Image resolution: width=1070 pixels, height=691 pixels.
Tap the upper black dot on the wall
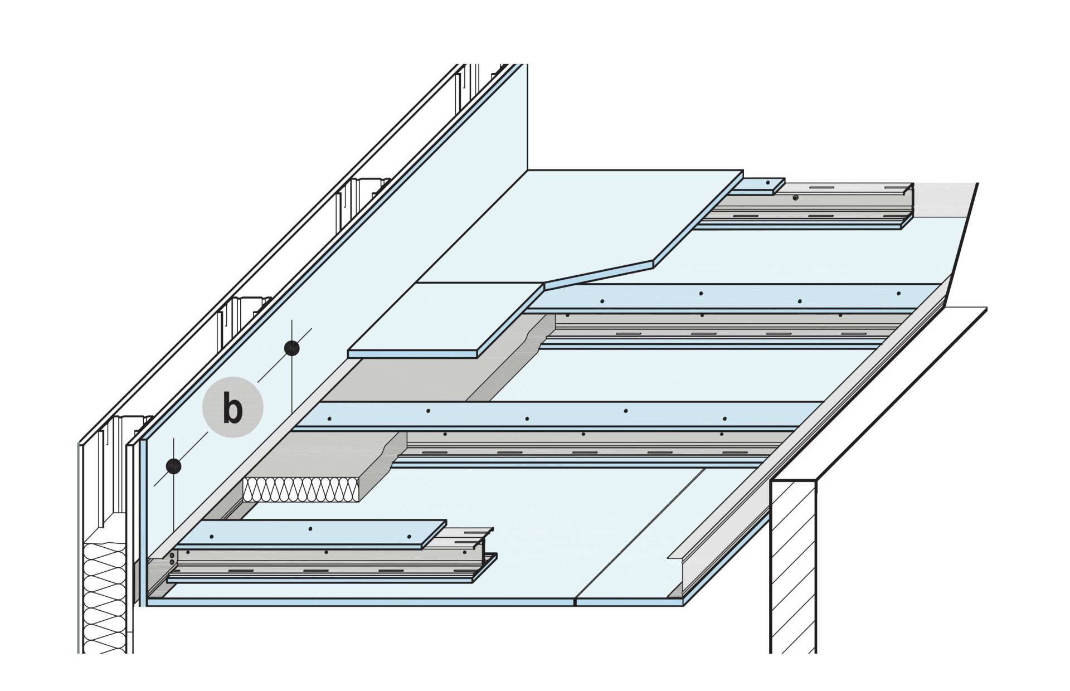[x=291, y=348]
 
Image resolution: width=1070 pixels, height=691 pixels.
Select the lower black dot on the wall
[x=174, y=466]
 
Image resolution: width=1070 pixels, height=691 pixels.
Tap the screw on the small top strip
[x=768, y=183]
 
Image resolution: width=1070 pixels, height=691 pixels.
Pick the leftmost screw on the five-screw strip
[x=329, y=419]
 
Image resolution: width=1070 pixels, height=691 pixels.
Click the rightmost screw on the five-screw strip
[x=724, y=419]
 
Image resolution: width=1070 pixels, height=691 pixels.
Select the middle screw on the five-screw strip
[x=527, y=419]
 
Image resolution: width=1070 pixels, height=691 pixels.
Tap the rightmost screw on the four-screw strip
[x=898, y=293]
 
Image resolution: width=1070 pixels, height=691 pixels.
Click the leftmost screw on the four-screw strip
[x=602, y=301]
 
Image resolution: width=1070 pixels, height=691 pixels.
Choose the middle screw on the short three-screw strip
[x=310, y=528]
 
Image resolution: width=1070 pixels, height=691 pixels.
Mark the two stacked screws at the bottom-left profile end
[x=172, y=558]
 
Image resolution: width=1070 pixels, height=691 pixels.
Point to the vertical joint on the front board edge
[x=575, y=601]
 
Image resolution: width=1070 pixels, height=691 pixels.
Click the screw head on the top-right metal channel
[x=796, y=197]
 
